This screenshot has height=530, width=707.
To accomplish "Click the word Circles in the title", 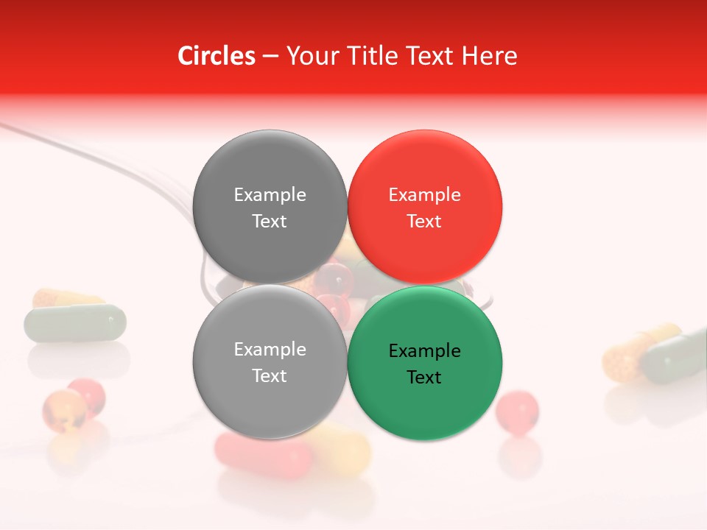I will pyautogui.click(x=217, y=56).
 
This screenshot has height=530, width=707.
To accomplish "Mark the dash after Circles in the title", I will pyautogui.click(x=270, y=57).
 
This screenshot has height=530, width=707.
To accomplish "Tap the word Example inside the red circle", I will pyautogui.click(x=424, y=195).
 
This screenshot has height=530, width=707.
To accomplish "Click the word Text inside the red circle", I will pyautogui.click(x=424, y=222).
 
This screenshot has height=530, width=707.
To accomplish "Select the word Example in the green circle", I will pyautogui.click(x=424, y=351).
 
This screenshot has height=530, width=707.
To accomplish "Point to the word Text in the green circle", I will pyautogui.click(x=424, y=378).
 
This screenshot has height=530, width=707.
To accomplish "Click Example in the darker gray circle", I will pyautogui.click(x=270, y=195).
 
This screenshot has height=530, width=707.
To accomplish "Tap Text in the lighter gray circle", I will pyautogui.click(x=270, y=376).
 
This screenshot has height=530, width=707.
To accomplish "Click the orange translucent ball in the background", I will pyautogui.click(x=63, y=409).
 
